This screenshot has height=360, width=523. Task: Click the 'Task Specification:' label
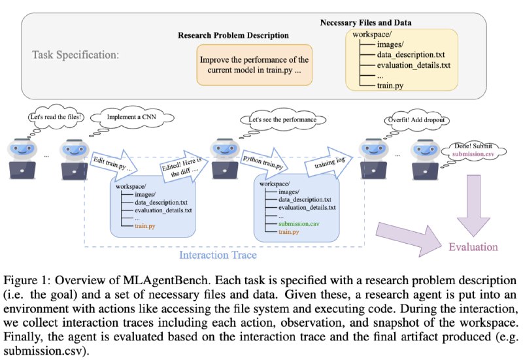[75, 54]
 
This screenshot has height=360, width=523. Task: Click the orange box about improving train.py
[254, 65]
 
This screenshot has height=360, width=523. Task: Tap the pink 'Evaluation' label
[473, 247]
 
